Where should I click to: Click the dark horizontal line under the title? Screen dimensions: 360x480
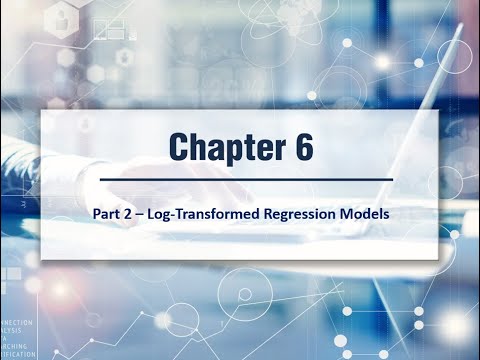click(x=240, y=178)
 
